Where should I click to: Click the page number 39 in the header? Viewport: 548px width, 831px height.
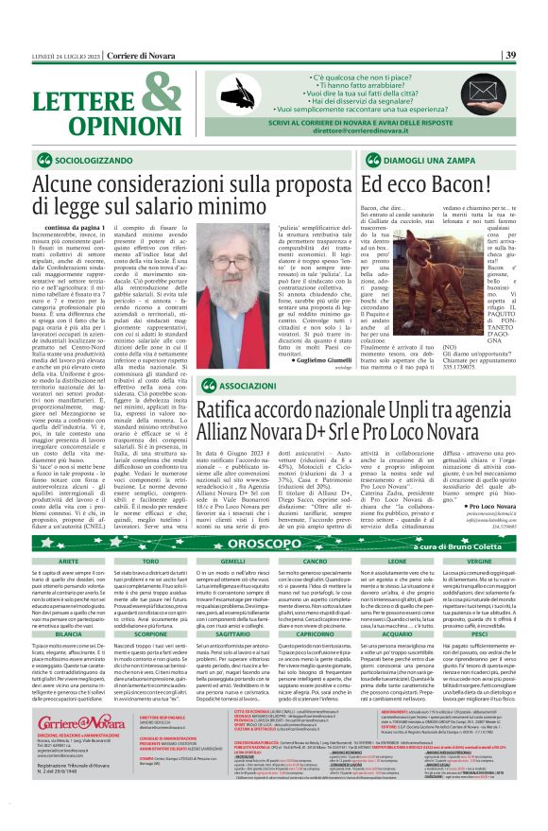point(509,55)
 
